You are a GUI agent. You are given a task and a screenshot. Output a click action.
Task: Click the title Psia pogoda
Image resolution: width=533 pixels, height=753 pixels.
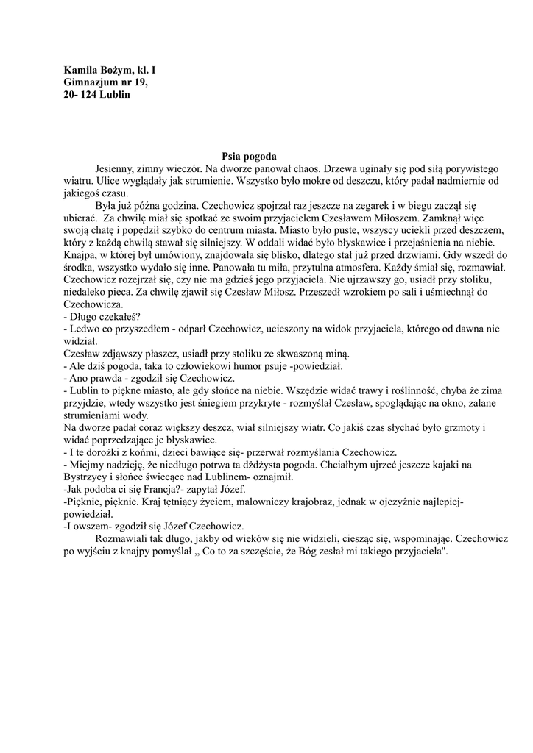coord(249,156)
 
